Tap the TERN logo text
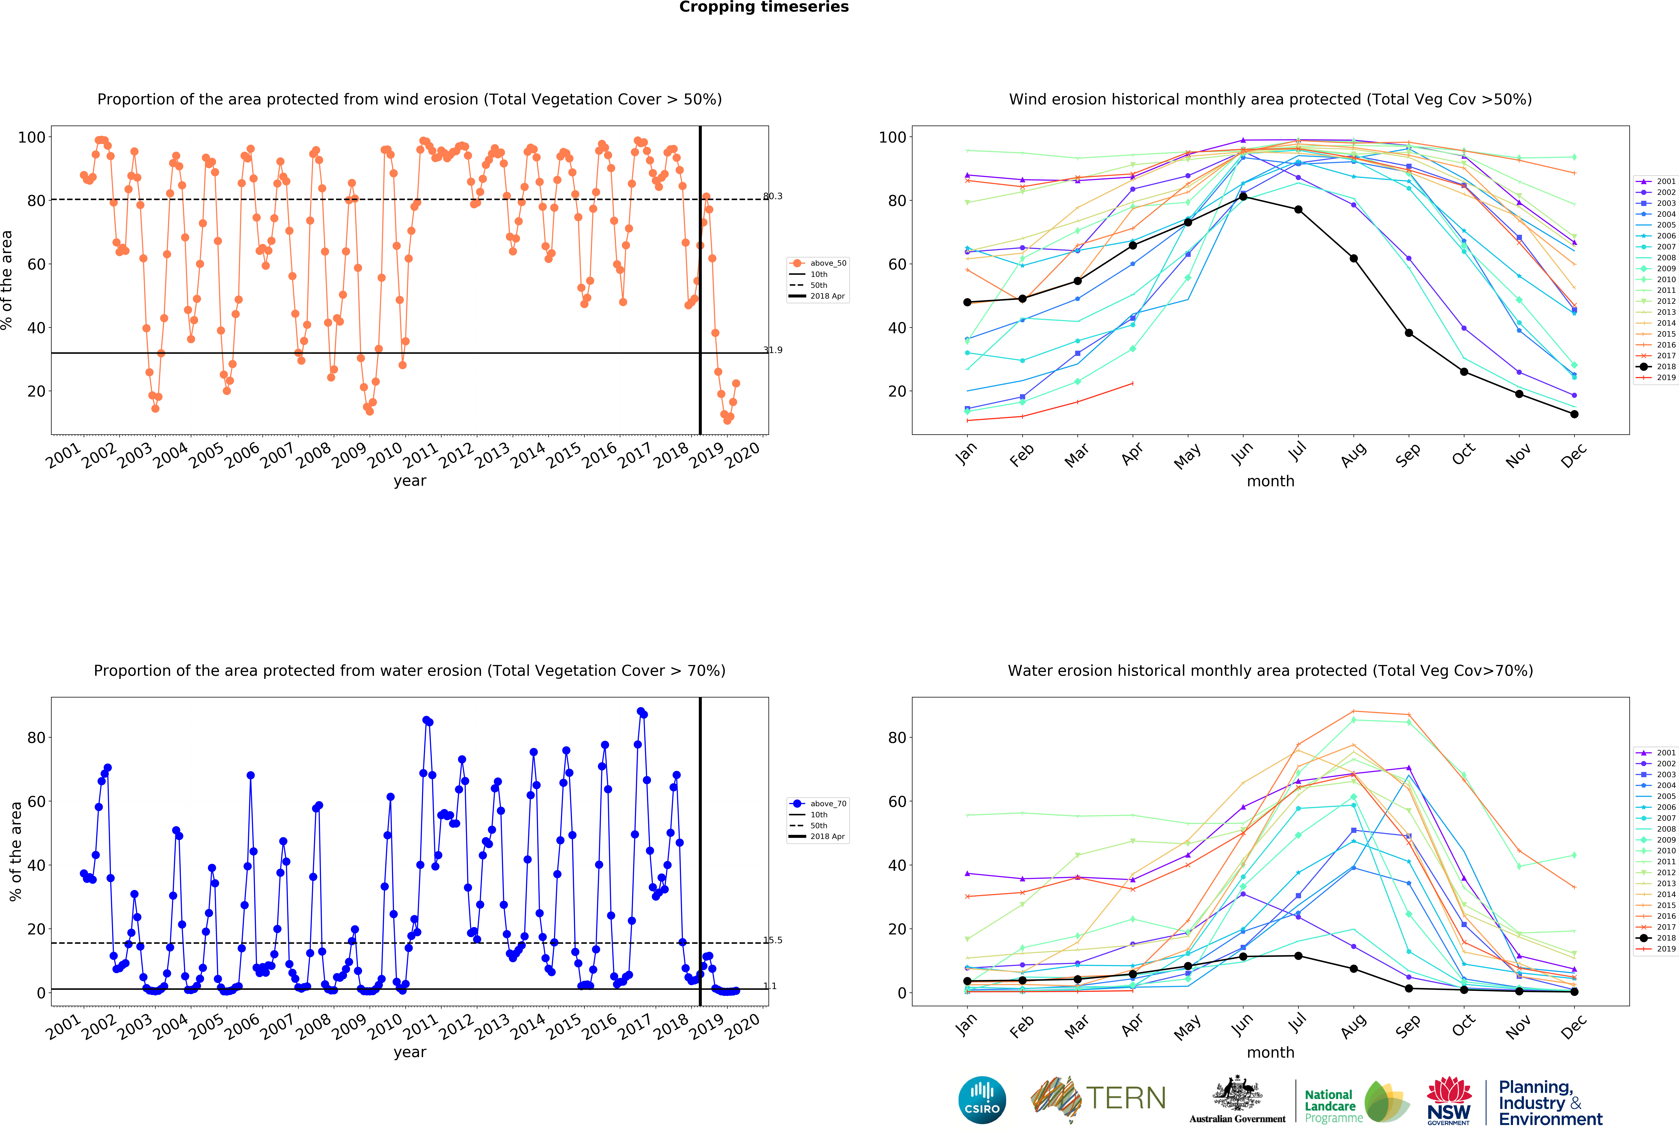tap(1126, 1099)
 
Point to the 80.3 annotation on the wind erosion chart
tap(772, 196)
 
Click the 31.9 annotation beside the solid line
tap(772, 350)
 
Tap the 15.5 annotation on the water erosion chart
tap(772, 940)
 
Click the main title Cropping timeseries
tap(764, 7)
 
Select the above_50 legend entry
tap(818, 263)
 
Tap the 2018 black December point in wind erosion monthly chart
tap(1574, 414)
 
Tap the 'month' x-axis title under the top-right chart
tap(1270, 481)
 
